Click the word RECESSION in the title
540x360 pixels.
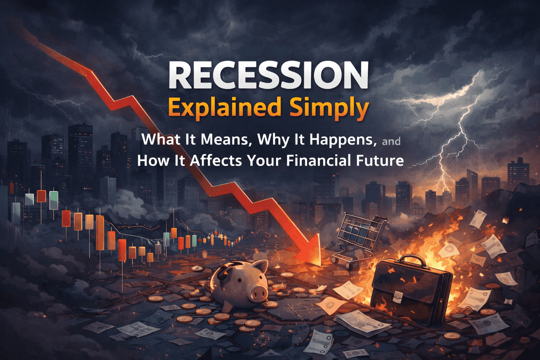pos(269,76)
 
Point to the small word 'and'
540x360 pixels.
pos(391,141)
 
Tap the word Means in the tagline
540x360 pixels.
pos(224,140)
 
